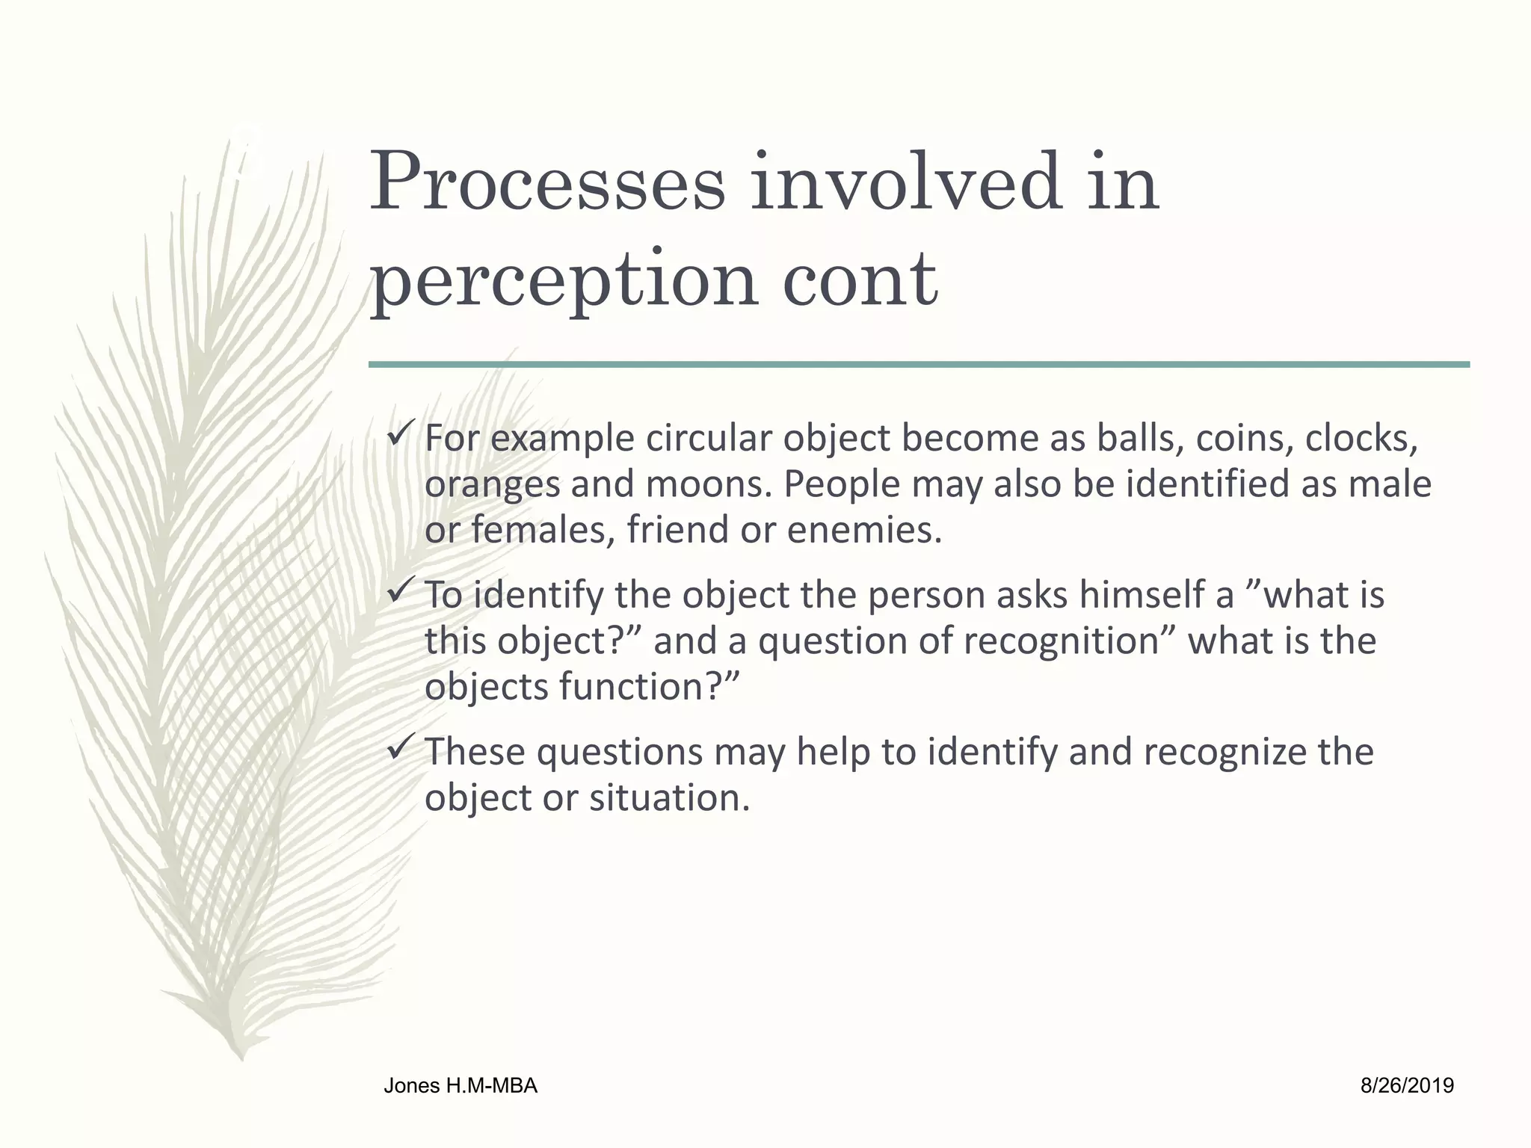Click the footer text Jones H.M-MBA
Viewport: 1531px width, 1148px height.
click(x=460, y=1086)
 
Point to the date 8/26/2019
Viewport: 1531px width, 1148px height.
click(x=1407, y=1086)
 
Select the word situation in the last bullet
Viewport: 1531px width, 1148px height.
click(x=668, y=798)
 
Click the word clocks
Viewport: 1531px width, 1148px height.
click(x=1361, y=439)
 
